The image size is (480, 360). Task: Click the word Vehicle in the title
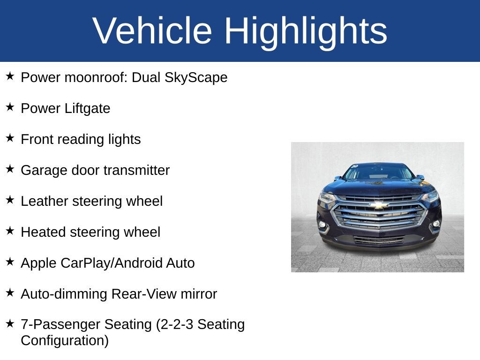[152, 31]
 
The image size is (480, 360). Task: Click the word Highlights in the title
[306, 31]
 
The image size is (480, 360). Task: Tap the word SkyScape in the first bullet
[195, 77]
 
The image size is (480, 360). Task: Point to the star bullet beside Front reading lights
[10, 138]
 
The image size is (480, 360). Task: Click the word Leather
[43, 201]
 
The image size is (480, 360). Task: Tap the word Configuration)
[64, 340]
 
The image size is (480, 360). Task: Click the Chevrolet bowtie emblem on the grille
[378, 205]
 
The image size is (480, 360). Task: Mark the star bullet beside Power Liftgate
[10, 107]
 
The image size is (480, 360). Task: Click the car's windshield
[378, 172]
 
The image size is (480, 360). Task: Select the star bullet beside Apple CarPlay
[10, 262]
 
